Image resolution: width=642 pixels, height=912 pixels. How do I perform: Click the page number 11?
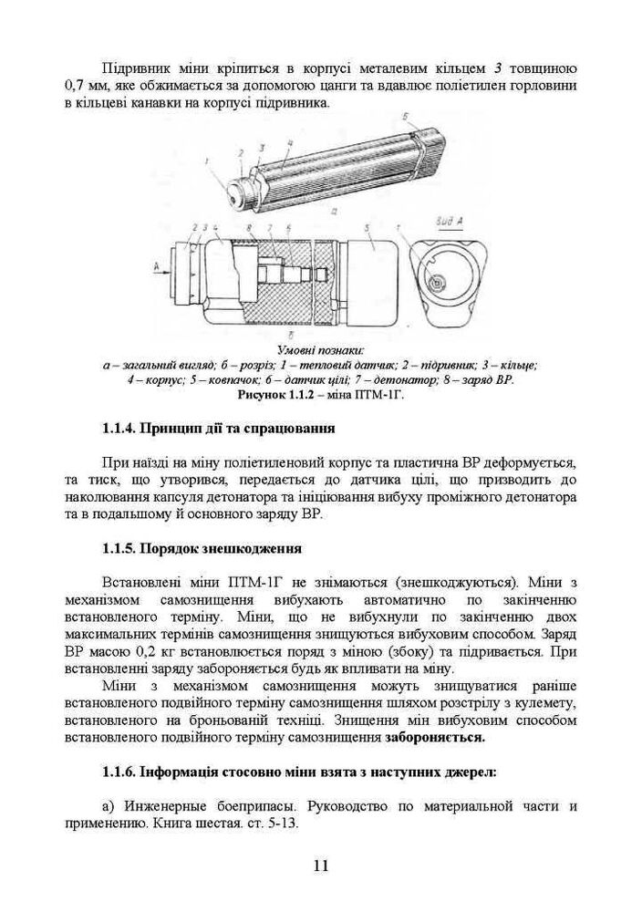[320, 865]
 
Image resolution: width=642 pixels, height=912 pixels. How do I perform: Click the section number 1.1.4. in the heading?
[119, 427]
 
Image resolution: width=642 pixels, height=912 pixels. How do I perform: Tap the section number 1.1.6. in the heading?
[119, 772]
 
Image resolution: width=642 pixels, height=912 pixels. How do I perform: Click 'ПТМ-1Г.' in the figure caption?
[382, 396]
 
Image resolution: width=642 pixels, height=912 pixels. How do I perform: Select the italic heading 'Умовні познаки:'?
[320, 351]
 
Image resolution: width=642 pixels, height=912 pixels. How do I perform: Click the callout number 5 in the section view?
[366, 227]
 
